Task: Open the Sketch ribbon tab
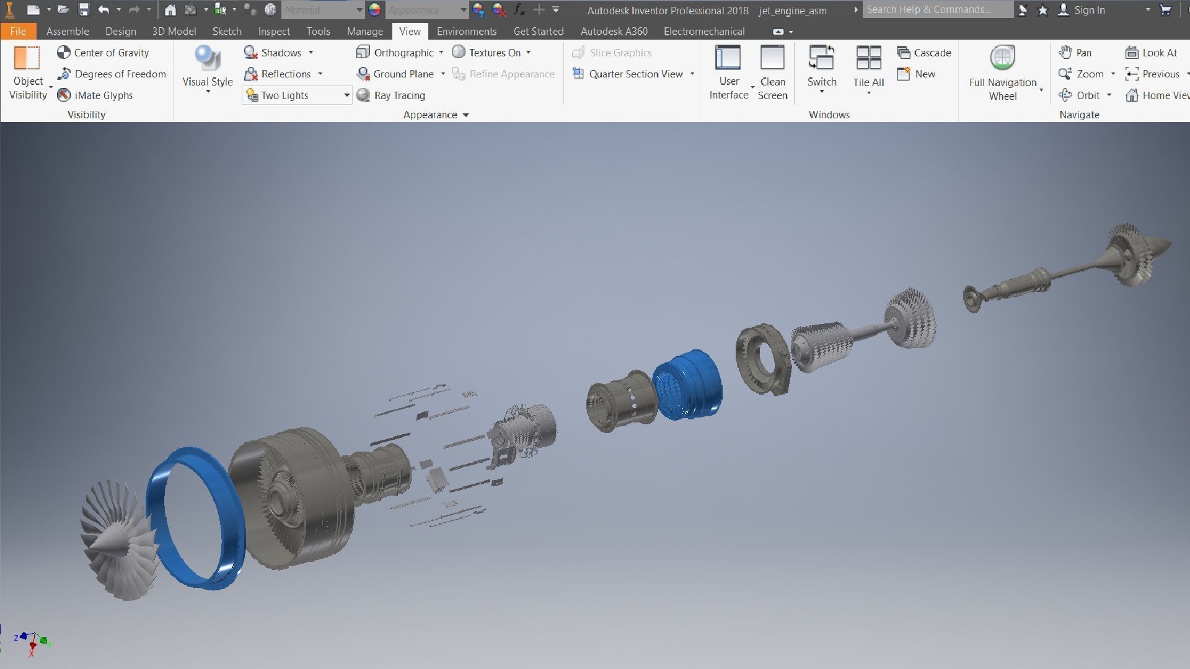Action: pos(227,32)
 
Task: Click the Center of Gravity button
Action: pos(104,53)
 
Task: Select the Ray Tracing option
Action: pos(392,95)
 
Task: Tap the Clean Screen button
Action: pos(772,72)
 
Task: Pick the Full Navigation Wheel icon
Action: pos(1002,59)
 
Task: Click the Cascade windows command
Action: pos(924,53)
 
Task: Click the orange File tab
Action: pos(18,32)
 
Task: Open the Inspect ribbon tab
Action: pos(274,32)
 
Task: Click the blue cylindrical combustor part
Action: pos(688,384)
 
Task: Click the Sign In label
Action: pos(1089,10)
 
